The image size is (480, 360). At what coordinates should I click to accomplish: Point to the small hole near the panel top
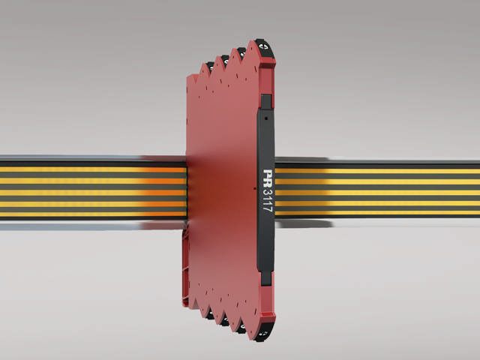coord(266,118)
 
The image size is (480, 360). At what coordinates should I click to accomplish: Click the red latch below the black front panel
coord(266,287)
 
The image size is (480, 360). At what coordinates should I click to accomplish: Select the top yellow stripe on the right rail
coord(375,171)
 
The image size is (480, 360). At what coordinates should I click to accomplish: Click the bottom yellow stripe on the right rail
coord(375,212)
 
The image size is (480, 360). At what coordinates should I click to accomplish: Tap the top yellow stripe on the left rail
coord(90,169)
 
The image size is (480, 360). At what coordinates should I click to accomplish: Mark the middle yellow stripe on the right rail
coord(375,192)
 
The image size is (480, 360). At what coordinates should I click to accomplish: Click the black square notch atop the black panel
coord(265,100)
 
